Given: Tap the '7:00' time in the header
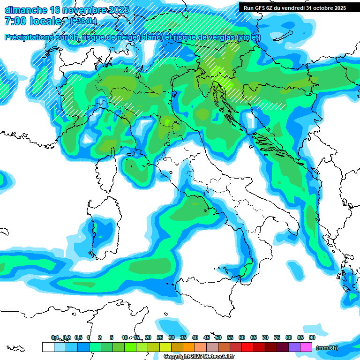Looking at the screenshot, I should tap(14, 21).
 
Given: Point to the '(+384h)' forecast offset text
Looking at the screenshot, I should tap(83, 21).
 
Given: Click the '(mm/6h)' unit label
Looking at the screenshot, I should tap(327, 348).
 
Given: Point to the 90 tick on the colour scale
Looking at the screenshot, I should tap(312, 337).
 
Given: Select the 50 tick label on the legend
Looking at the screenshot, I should tap(218, 337).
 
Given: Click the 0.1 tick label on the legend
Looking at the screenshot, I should tap(55, 337).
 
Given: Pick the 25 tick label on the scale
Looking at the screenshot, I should tap(160, 337).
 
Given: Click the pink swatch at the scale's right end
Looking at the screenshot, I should tap(306, 347).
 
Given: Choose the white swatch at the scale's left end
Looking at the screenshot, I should tap(48, 347).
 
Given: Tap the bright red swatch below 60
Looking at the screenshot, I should tap(247, 347).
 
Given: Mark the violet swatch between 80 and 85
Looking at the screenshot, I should tap(294, 347).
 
